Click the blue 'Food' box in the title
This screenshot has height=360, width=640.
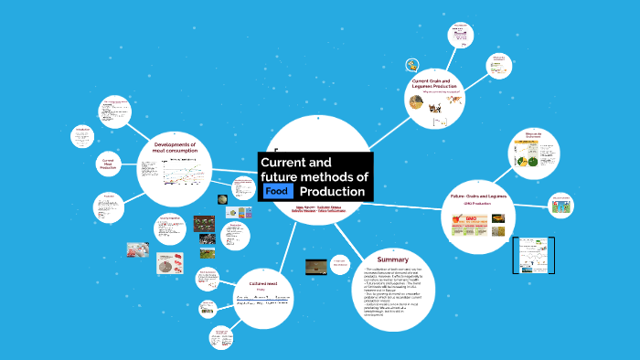pos(277,191)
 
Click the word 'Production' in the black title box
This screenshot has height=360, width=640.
pos(333,191)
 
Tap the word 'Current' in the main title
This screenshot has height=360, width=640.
pos(283,162)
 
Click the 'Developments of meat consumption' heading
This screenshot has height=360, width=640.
pos(181,148)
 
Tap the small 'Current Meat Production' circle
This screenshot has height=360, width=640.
pos(107,164)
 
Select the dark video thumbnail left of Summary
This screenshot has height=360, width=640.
pos(316,266)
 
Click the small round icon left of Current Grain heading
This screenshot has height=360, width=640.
pos(412,65)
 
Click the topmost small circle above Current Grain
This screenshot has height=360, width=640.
pos(460,36)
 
